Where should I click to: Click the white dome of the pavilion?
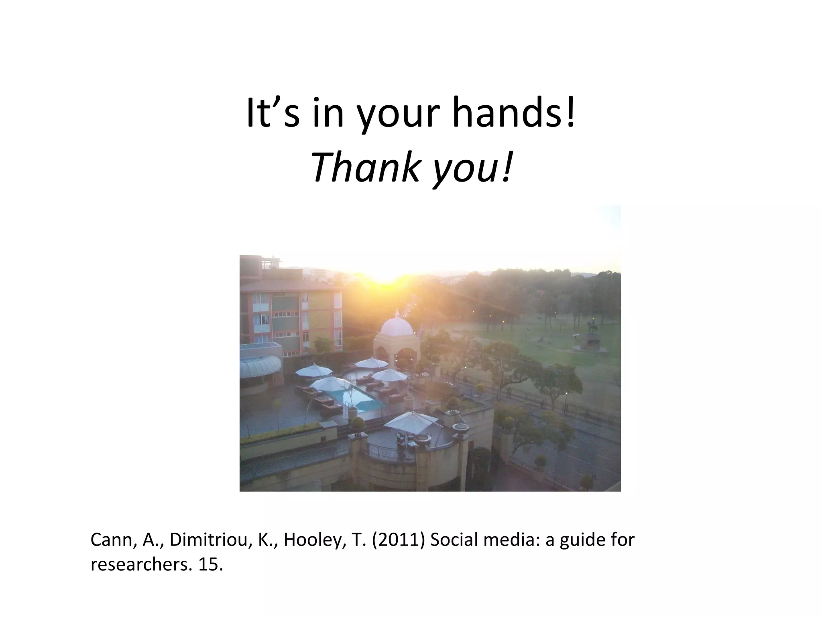coord(396,326)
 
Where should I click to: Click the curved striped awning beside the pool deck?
coord(260,366)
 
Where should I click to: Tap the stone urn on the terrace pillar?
coord(461,429)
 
